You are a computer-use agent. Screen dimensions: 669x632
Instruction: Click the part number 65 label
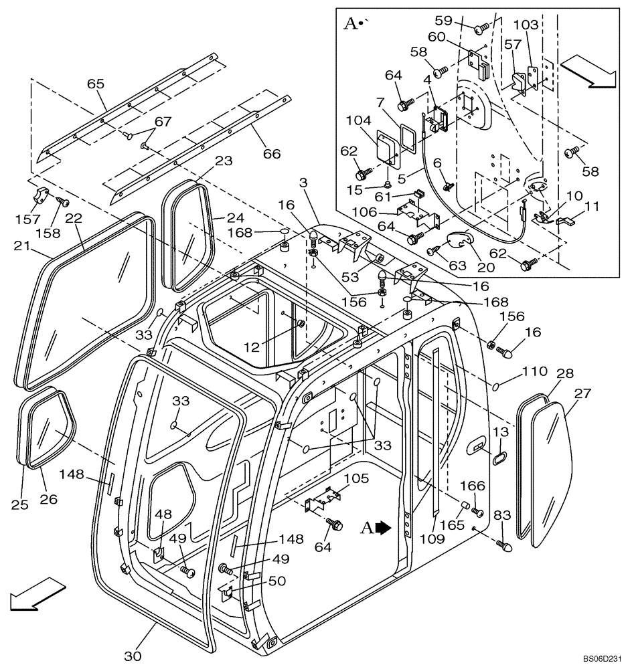click(x=96, y=84)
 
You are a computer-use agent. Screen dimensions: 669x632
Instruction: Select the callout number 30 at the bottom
click(x=133, y=656)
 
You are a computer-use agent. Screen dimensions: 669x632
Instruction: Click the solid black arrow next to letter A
click(x=383, y=528)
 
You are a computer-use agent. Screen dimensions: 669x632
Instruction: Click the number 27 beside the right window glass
click(x=582, y=393)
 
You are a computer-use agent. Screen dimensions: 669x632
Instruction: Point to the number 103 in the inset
click(x=526, y=25)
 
